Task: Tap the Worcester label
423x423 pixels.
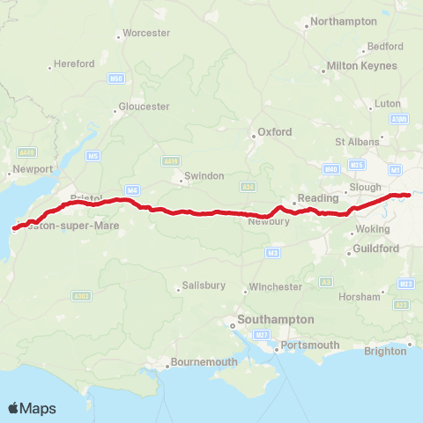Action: [146, 33]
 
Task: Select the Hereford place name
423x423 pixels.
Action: [73, 64]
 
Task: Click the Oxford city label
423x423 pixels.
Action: [274, 132]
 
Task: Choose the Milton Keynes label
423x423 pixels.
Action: [357, 66]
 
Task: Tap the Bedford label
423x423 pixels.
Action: [385, 46]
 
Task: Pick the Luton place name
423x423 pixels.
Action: [387, 103]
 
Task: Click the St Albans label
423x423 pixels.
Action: [356, 141]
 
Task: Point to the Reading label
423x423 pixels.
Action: [318, 198]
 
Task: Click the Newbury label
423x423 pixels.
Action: [270, 221]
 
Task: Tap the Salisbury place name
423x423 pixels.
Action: [204, 286]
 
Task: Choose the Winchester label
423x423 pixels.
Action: [276, 286]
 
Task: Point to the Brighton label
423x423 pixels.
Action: [390, 351]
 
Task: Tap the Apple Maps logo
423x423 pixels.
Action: [32, 408]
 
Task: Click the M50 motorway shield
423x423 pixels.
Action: [115, 78]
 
